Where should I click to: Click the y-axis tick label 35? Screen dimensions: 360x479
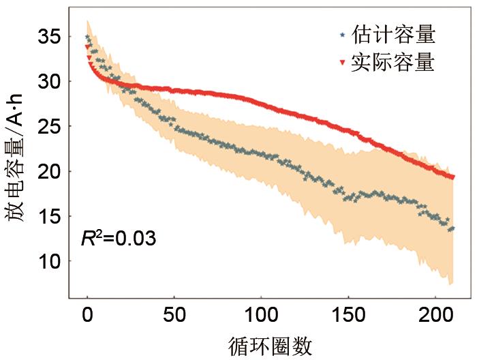coord(48,37)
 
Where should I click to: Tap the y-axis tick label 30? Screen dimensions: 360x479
coord(48,82)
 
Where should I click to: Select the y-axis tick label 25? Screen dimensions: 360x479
coord(48,127)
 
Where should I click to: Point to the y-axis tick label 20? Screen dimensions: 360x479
coord(48,172)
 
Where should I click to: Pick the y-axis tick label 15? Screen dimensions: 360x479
coord(48,217)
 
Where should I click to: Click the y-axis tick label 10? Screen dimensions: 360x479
coord(48,262)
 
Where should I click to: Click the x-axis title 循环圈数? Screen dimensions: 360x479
coord(271,346)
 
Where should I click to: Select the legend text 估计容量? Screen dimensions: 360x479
coord(392,33)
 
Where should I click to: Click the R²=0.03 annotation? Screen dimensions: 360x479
coord(119,239)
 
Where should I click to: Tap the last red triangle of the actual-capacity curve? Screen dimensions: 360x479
coord(452,177)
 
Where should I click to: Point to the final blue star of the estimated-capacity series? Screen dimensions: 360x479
coord(452,228)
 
